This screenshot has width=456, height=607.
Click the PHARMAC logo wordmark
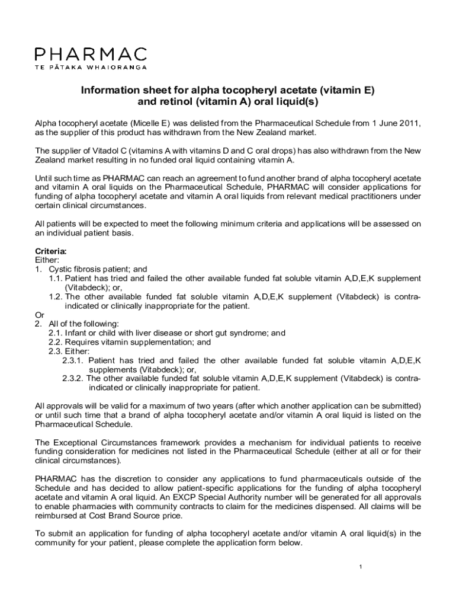(90, 55)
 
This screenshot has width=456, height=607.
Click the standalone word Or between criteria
(40, 315)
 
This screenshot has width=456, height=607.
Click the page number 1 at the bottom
(360, 567)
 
